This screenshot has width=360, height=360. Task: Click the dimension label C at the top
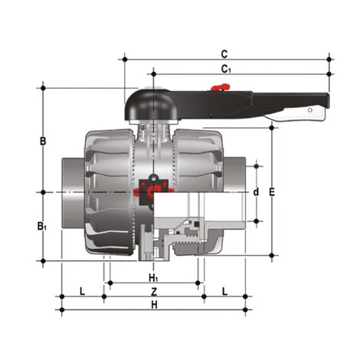pyautogui.click(x=224, y=54)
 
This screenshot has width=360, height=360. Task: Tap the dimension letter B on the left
pyautogui.click(x=44, y=140)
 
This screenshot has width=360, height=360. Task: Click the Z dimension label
pyautogui.click(x=153, y=292)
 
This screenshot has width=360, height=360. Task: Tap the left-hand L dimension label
pyautogui.click(x=82, y=291)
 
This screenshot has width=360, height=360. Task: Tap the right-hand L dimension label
pyautogui.click(x=224, y=291)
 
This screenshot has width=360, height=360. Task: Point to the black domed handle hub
pyautogui.click(x=153, y=103)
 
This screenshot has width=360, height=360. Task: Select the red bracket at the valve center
pyautogui.click(x=151, y=186)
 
